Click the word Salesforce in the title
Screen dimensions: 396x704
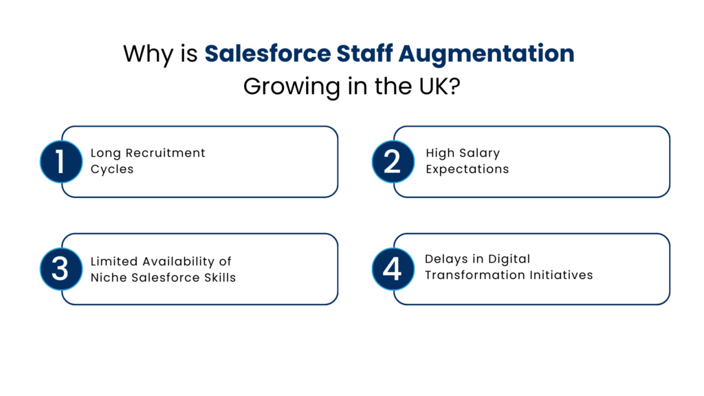pos(267,54)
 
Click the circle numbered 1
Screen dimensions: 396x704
pos(60,162)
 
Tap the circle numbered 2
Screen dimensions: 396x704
pos(393,162)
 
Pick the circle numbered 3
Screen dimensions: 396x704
pos(60,268)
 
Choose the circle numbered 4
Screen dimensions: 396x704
pos(393,268)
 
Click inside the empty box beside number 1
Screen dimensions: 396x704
pos(210,162)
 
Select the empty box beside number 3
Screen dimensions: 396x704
pos(210,268)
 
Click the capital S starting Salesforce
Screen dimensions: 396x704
pos(212,54)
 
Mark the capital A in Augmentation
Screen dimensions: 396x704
pos(408,54)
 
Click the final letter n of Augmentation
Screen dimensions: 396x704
pos(567,54)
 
